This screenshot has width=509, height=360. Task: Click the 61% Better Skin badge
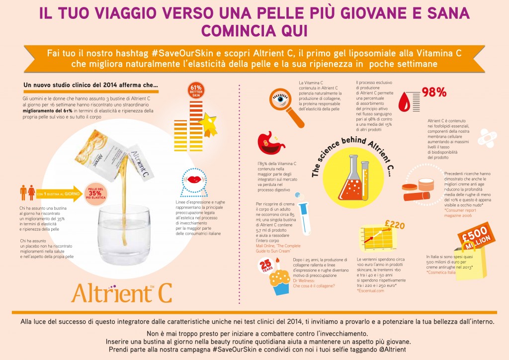coord(195,91)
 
